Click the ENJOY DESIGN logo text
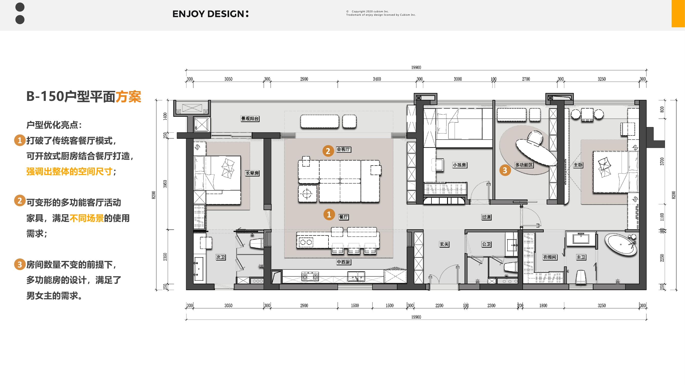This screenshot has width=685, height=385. pyautogui.click(x=210, y=14)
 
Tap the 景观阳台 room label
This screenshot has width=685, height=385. pyautogui.click(x=250, y=119)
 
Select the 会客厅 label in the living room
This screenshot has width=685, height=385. pyautogui.click(x=343, y=149)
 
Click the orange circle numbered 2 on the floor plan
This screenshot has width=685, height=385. pyautogui.click(x=328, y=151)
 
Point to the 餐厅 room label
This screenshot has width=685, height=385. pyautogui.click(x=343, y=217)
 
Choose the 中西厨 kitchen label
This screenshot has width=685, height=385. pyautogui.click(x=343, y=262)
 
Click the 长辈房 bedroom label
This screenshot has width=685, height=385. pyautogui.click(x=252, y=173)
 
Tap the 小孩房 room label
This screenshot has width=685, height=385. pyautogui.click(x=459, y=165)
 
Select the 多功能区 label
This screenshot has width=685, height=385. pyautogui.click(x=524, y=165)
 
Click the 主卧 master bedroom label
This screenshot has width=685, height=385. pyautogui.click(x=578, y=165)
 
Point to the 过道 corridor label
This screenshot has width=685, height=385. pyautogui.click(x=486, y=217)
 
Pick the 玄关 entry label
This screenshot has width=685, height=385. pyautogui.click(x=444, y=244)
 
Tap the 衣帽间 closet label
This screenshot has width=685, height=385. pyautogui.click(x=549, y=257)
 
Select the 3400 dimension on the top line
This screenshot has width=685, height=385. pyautogui.click(x=377, y=79)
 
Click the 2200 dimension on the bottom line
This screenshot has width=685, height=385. pyautogui.click(x=439, y=305)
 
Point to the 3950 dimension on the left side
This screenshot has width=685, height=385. pyautogui.click(x=165, y=184)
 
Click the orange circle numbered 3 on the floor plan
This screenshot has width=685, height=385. pyautogui.click(x=505, y=170)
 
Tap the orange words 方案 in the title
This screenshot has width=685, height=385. pyautogui.click(x=128, y=97)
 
